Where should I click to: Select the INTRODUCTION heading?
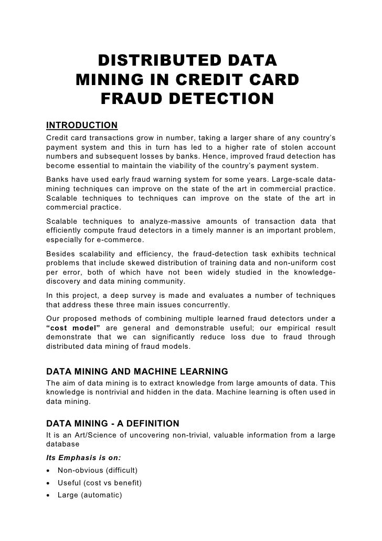tap(82, 125)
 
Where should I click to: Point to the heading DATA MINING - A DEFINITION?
tap(113, 423)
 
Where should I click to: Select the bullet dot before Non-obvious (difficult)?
tap(49, 470)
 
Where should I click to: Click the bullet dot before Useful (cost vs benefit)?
tap(49, 483)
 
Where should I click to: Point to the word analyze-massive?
tap(167, 219)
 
